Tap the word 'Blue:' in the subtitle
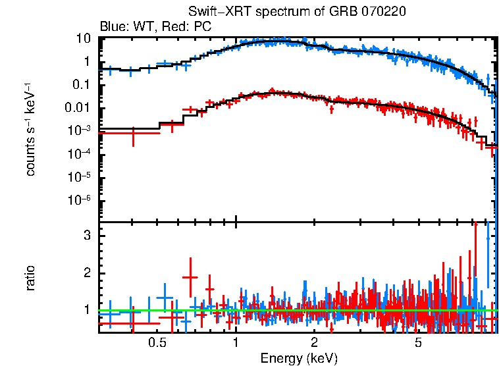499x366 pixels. coord(113,27)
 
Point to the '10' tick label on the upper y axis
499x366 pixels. coord(83,38)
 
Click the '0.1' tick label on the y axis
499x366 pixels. coord(81,85)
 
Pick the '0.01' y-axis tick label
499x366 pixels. coord(78,108)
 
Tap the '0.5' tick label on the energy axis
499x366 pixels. coord(157,343)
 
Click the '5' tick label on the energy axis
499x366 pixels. coord(418,343)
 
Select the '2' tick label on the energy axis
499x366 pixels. coord(314,343)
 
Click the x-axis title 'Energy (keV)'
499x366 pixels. coord(299,358)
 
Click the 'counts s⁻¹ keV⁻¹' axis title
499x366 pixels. coord(30,128)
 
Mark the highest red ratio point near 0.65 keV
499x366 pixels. coord(190,277)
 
